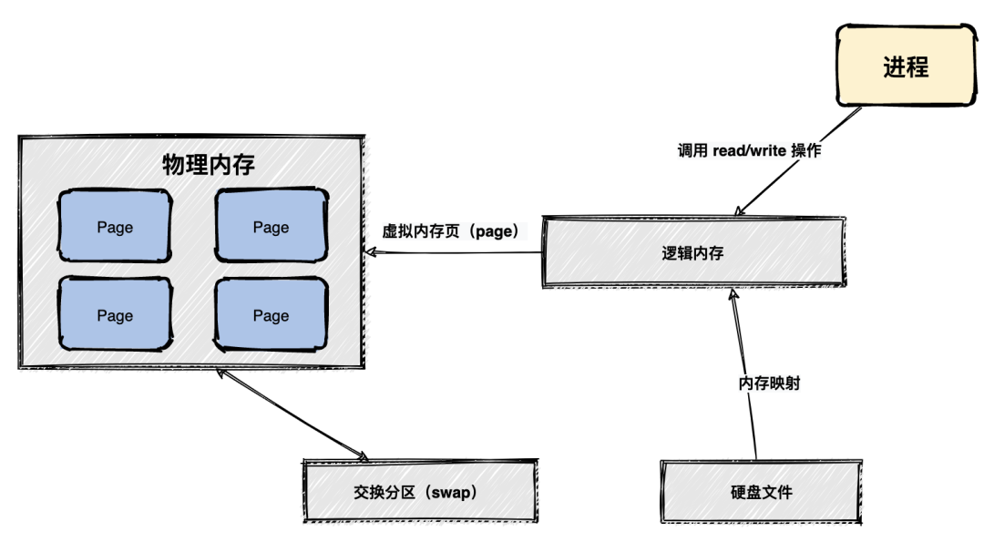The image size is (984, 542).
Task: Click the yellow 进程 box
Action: point(905,66)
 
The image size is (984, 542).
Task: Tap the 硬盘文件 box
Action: point(761,492)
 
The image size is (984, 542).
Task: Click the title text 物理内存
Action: point(209,165)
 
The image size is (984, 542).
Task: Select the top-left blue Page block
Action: point(115,228)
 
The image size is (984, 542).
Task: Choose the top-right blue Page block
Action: point(271,228)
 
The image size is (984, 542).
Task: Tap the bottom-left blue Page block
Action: point(115,316)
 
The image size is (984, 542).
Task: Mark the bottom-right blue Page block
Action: point(271,316)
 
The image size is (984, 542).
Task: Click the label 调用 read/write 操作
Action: point(749,151)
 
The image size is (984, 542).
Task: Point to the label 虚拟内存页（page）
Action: point(450,231)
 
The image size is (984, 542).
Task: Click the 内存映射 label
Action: point(769,383)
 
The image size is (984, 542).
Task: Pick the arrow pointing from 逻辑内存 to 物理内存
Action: point(456,254)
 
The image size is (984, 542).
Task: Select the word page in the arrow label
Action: point(493,231)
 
